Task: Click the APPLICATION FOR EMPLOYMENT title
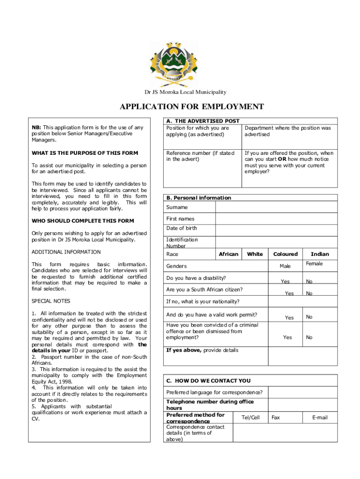(192, 107)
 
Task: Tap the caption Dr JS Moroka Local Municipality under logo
(185, 92)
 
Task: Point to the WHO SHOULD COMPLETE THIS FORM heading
(83, 221)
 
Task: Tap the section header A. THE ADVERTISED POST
(203, 121)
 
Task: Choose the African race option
(229, 254)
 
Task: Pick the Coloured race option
(285, 254)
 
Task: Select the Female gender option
(314, 264)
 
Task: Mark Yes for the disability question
(285, 282)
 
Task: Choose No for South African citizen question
(309, 293)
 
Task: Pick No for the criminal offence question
(309, 337)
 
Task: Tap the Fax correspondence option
(276, 417)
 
